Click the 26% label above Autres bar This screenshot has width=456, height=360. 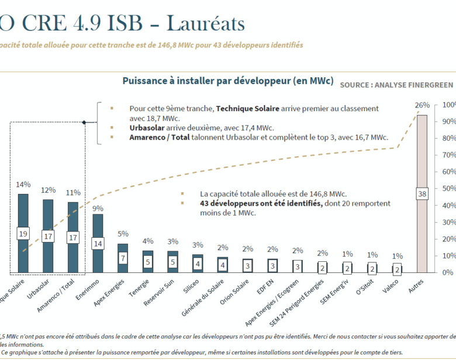[422, 105]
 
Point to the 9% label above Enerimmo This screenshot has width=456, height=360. [98, 207]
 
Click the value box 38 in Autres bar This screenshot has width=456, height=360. [422, 193]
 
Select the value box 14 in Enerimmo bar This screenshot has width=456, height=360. [98, 243]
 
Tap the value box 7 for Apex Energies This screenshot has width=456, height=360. [123, 258]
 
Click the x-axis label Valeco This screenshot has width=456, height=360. [391, 287]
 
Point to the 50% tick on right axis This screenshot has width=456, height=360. [448, 189]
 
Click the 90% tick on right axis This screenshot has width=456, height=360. [448, 122]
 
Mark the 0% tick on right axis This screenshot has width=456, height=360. [448, 272]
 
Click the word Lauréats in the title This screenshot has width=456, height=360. [205, 23]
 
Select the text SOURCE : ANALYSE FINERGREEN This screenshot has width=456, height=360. [396, 85]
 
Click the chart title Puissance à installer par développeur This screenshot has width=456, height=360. [228, 81]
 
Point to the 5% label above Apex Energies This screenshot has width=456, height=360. [123, 234]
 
